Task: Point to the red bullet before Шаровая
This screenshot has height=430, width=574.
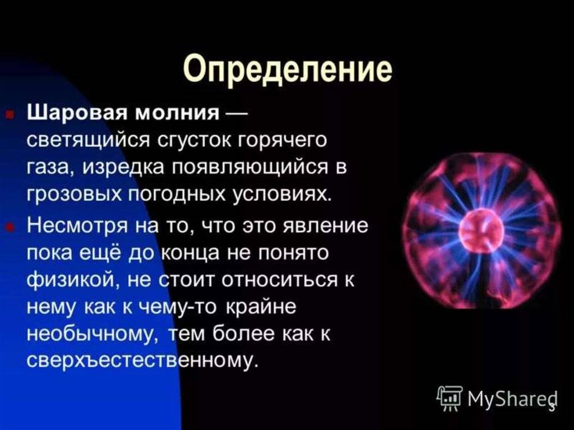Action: pos(11,114)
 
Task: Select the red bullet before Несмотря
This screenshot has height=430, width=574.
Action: pos(11,227)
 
